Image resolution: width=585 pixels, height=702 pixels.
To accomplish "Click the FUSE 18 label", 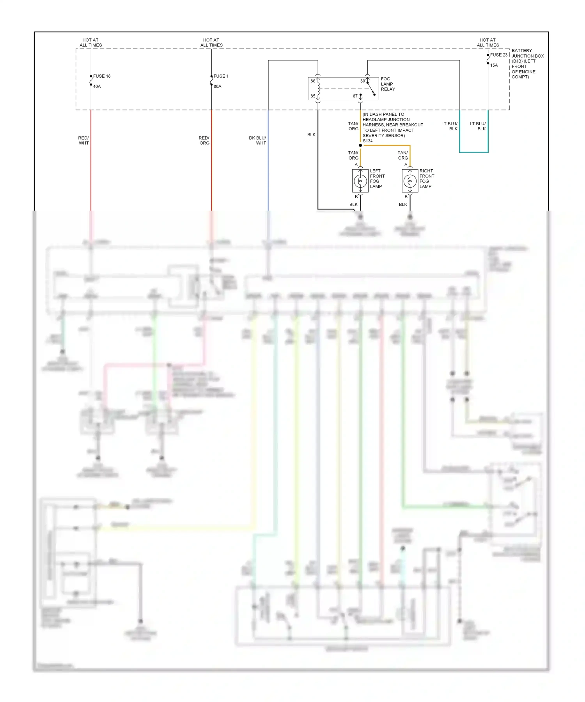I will pos(102,76).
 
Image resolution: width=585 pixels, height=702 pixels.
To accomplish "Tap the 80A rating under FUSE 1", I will pos(217,87).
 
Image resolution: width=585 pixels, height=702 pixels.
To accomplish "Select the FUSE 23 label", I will pos(499,55).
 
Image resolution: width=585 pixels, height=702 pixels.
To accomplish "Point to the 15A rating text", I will pos(494,66).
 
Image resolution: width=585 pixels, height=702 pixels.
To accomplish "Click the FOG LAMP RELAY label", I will pos(388,84).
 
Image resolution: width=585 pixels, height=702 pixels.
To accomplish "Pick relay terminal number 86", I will pos(313,81).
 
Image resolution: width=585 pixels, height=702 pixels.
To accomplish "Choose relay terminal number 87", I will pos(355,96).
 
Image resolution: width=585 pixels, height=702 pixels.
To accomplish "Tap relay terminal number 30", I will pos(362,81).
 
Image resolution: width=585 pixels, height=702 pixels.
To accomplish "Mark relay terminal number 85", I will pos(313,96).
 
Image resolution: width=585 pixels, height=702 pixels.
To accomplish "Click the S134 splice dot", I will pos(360,145).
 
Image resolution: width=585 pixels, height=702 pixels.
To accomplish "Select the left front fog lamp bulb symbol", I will pos(360,181).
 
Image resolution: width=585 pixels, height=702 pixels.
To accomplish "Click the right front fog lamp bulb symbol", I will pos(410,181).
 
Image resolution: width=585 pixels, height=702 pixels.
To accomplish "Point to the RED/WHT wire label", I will pos(83,140).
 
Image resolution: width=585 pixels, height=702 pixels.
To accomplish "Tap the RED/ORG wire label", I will pos(204,140).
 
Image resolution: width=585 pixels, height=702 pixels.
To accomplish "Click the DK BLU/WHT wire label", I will pos(257,140).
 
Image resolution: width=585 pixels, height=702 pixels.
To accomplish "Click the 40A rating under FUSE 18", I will pos(97,87).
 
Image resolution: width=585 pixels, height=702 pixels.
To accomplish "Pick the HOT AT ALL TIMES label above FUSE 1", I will pos(211,43).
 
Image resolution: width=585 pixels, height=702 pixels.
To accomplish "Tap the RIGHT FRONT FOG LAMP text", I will pos(427,179).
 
